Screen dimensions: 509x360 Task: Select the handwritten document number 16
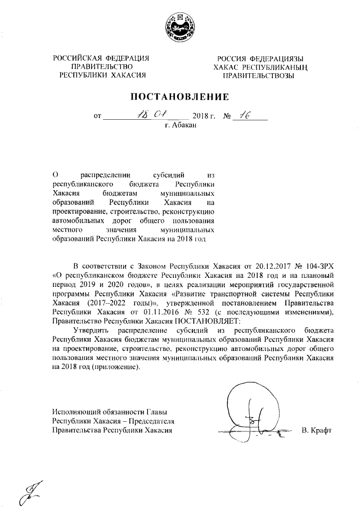pyautogui.click(x=245, y=115)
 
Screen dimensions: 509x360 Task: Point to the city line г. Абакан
pyautogui.click(x=181, y=126)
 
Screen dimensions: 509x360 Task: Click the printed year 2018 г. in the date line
pyautogui.click(x=204, y=117)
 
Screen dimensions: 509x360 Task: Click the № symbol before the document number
pyautogui.click(x=228, y=117)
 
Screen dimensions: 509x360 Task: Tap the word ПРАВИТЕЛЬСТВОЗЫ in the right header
pyautogui.click(x=258, y=75)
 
